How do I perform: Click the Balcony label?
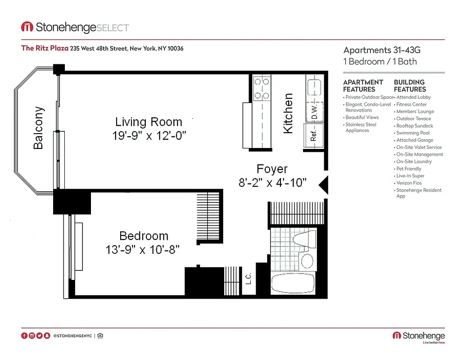39,128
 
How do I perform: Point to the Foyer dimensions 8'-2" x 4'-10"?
272,183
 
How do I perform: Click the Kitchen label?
288,113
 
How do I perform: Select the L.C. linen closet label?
248,279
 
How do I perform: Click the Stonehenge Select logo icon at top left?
27,27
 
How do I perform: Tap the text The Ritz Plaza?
45,49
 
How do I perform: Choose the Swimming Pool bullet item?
413,133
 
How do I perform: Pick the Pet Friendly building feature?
409,169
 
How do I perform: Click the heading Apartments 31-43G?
382,50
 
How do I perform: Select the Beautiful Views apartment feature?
362,117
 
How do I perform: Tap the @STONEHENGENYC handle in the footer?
72,336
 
